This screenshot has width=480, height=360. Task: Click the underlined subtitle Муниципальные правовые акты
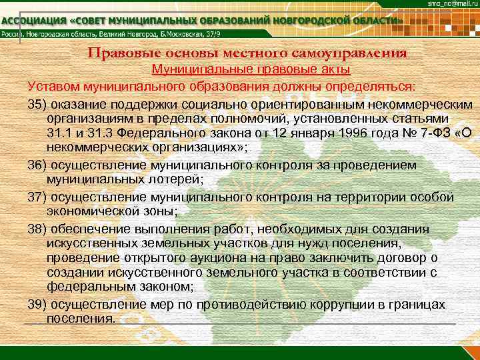coord(251,69)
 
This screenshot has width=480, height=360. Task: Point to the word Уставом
coord(53,87)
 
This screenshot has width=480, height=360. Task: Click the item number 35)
coord(39,105)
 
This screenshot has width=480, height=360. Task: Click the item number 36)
coord(39,165)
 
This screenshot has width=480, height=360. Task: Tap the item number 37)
coord(39,197)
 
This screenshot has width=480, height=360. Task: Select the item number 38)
coord(39,229)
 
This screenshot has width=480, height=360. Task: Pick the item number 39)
coord(39,304)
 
